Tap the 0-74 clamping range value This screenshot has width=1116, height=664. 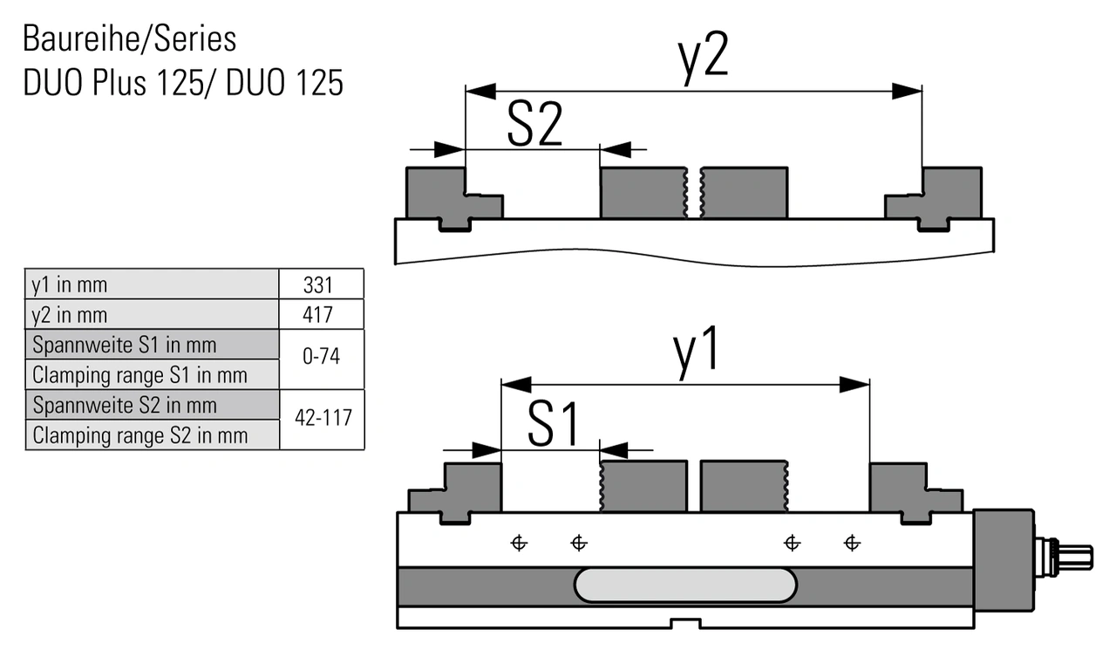322,359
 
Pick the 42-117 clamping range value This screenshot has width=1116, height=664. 323,419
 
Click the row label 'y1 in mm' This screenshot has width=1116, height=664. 70,284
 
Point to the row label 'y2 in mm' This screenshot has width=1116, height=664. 70,314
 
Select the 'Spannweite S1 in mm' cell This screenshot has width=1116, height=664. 124,345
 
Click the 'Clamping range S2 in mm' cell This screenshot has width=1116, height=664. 139,435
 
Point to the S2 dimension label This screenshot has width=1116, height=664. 534,127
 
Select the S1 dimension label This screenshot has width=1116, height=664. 553,426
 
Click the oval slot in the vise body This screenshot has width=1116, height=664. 685,585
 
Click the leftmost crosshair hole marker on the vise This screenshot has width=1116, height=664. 519,544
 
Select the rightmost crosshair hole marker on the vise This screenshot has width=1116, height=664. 852,544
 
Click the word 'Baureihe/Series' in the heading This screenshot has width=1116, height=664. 129,39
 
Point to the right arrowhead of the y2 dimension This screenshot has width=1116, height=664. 908,91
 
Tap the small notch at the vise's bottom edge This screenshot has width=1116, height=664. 685,623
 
